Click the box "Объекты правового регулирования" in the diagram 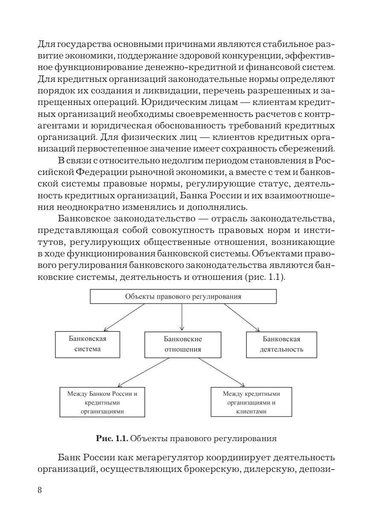(183, 296)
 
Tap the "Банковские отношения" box (183, 345)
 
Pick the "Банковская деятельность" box (281, 345)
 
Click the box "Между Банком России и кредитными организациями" (102, 401)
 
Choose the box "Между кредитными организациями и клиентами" (251, 401)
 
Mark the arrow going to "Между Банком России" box (141, 372)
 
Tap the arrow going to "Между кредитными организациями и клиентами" (222, 372)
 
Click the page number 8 (40, 490)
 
